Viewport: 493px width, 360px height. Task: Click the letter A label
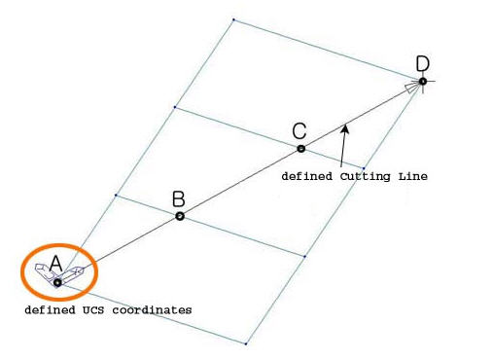pyautogui.click(x=55, y=263)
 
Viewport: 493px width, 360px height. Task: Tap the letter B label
pyautogui.click(x=178, y=199)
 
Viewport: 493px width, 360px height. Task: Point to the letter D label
pyautogui.click(x=422, y=64)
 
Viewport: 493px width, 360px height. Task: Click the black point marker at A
pyautogui.click(x=57, y=282)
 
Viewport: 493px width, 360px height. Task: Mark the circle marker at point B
pyautogui.click(x=180, y=216)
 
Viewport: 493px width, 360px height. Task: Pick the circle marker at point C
pyautogui.click(x=300, y=149)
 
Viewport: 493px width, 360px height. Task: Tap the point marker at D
pyautogui.click(x=423, y=81)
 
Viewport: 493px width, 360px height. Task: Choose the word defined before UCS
pyautogui.click(x=49, y=309)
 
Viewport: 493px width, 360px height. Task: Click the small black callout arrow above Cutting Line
pyautogui.click(x=343, y=126)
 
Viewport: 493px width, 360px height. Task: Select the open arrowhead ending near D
pyautogui.click(x=413, y=87)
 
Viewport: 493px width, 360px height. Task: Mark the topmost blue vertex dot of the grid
pyautogui.click(x=233, y=18)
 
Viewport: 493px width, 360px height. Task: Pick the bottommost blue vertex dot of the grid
pyautogui.click(x=247, y=343)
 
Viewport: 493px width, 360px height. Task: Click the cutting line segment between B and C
pyautogui.click(x=240, y=183)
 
